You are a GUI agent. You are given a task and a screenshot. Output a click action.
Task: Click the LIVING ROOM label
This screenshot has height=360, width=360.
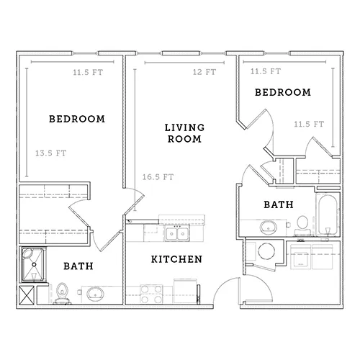coord(184,133)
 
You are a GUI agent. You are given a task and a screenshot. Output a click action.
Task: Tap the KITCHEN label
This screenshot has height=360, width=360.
coord(176,259)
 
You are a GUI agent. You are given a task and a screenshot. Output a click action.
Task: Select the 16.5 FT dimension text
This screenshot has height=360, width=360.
coord(158,177)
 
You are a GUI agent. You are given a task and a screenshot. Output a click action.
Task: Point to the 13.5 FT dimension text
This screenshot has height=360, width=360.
coord(50,153)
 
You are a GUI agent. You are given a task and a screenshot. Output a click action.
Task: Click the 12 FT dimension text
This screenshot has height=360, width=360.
coord(204,72)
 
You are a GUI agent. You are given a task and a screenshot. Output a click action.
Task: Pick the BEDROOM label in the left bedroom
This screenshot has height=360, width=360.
coord(77,119)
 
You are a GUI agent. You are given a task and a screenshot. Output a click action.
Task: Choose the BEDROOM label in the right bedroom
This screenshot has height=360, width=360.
coord(283,92)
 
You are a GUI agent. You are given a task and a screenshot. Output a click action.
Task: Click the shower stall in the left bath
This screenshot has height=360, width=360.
coord(33,264)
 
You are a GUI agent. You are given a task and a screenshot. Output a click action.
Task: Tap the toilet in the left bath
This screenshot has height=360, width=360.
coord(62,293)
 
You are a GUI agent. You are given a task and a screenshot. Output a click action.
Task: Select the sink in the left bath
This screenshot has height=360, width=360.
coord(95,294)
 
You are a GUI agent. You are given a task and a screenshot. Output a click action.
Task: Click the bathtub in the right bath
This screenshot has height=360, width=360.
coord(328,215)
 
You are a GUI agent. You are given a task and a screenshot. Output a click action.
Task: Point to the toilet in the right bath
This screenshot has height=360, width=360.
coord(302,225)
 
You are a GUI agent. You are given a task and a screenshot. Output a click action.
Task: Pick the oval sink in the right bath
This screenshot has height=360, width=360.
coord(269,227)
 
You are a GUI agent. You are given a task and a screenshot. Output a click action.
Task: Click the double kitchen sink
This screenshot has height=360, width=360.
coord(177,233)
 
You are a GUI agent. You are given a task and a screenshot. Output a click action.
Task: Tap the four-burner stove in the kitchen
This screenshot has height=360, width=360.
coord(151,294)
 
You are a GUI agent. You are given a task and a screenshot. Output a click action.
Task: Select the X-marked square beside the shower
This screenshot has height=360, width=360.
coord(27,295)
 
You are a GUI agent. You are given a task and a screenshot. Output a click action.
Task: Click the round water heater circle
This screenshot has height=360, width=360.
coord(266,251)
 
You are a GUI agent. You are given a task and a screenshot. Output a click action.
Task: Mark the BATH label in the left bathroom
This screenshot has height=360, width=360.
coord(78,266)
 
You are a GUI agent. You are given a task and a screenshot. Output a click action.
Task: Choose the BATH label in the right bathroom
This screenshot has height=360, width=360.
coord(279,204)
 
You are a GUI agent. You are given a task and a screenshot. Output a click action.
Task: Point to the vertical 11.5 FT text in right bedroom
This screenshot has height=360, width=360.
coord(309,124)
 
